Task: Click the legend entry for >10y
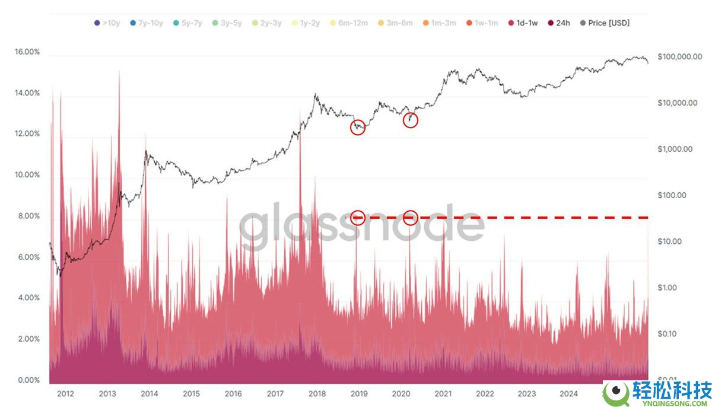[x=108, y=23]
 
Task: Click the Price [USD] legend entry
[x=605, y=23]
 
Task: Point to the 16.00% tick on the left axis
[x=27, y=52]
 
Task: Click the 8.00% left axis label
[x=27, y=217]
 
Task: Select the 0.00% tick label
[x=27, y=380]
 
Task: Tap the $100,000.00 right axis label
[x=679, y=56]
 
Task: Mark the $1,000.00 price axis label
[x=675, y=150]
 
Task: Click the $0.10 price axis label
[x=667, y=334]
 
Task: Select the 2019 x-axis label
[x=358, y=393]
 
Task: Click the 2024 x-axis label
[x=568, y=393]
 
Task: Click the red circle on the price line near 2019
[x=358, y=127]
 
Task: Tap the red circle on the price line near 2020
[x=411, y=120]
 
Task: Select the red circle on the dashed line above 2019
[x=358, y=217]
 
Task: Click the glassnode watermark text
[x=361, y=226]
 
